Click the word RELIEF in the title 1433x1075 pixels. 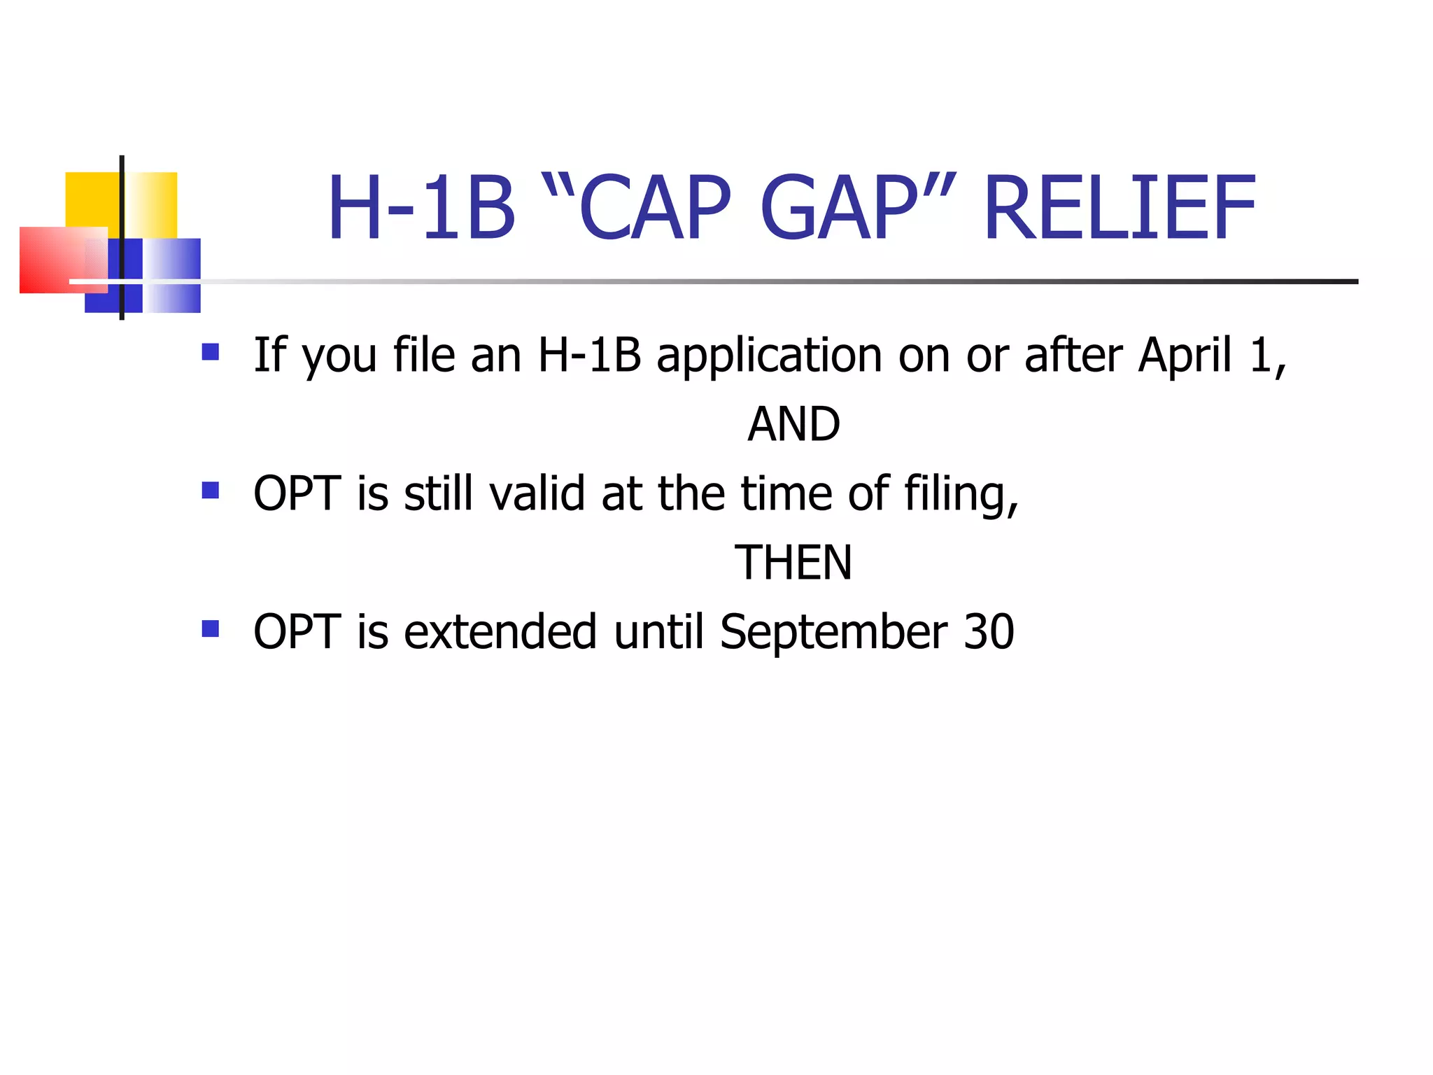pyautogui.click(x=1120, y=209)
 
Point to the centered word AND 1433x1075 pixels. pyautogui.click(x=793, y=424)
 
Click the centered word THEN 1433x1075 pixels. pyautogui.click(x=793, y=563)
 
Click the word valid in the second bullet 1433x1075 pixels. pyautogui.click(x=537, y=493)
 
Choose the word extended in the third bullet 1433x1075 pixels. pyautogui.click(x=500, y=632)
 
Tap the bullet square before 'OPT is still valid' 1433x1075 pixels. pyautogui.click(x=210, y=490)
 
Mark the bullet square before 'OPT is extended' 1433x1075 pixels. pyautogui.click(x=210, y=628)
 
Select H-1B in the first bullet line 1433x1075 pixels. pyautogui.click(x=589, y=355)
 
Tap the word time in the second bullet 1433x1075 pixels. pyautogui.click(x=786, y=493)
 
